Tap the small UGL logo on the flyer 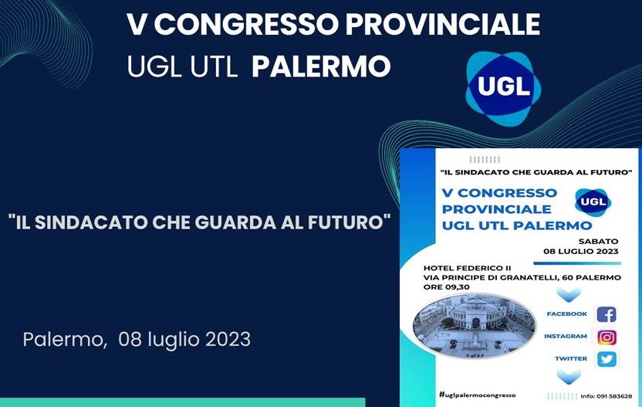(593, 202)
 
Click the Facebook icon (607, 314)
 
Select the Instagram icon (607, 337)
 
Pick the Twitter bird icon (607, 359)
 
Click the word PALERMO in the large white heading (321, 67)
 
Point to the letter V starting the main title (137, 25)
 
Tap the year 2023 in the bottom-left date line (228, 339)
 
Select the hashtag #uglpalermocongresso (477, 395)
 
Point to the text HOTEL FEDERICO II (467, 268)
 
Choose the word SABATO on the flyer (598, 242)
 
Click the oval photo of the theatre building (474, 326)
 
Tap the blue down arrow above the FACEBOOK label (569, 294)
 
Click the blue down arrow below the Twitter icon (569, 377)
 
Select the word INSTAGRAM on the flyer (566, 336)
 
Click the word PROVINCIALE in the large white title (443, 25)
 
